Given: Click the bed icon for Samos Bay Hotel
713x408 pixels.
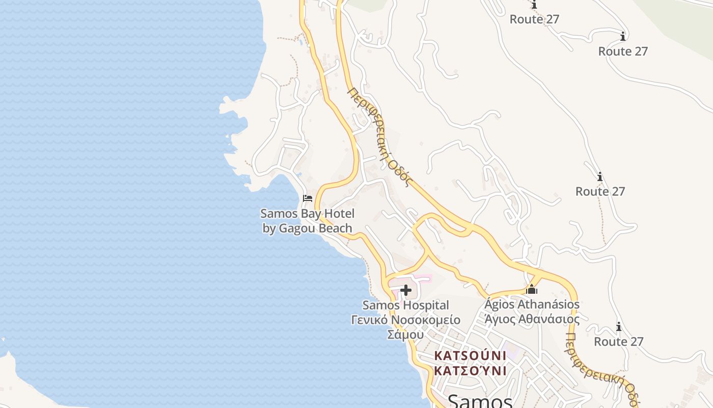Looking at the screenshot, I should (307, 198).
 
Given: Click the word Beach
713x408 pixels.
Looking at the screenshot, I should (335, 228).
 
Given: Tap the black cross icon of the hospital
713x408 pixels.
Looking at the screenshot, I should (406, 290).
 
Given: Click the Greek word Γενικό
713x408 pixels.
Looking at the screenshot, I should (370, 320).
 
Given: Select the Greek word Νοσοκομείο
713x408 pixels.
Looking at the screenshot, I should (426, 320).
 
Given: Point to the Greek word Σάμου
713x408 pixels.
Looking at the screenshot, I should (406, 335).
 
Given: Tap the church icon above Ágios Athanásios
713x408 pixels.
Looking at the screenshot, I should (532, 289).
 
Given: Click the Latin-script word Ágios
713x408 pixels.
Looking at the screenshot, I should (500, 304).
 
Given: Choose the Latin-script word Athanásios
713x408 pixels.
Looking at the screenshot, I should (549, 304).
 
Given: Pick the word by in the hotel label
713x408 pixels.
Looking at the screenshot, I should (269, 228).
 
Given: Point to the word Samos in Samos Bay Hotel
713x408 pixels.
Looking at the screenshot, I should (277, 214).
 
